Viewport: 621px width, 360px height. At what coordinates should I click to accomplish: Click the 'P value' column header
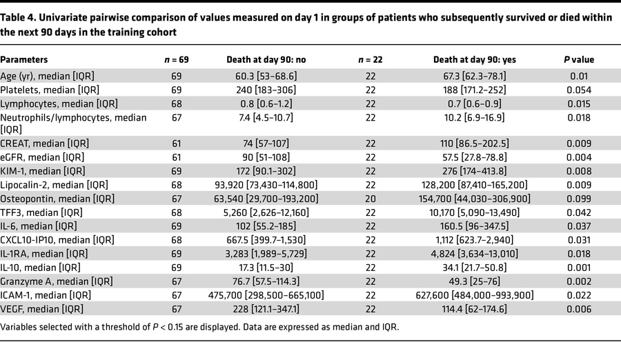(x=579, y=59)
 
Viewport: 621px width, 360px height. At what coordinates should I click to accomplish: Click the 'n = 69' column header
(x=176, y=59)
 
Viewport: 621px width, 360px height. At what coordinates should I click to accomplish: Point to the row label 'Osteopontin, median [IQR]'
(x=57, y=199)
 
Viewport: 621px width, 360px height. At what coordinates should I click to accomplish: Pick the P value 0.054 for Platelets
(x=579, y=91)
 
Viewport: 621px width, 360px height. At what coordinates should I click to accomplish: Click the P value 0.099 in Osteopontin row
(x=579, y=199)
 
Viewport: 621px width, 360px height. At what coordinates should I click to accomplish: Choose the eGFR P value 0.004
(x=579, y=157)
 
